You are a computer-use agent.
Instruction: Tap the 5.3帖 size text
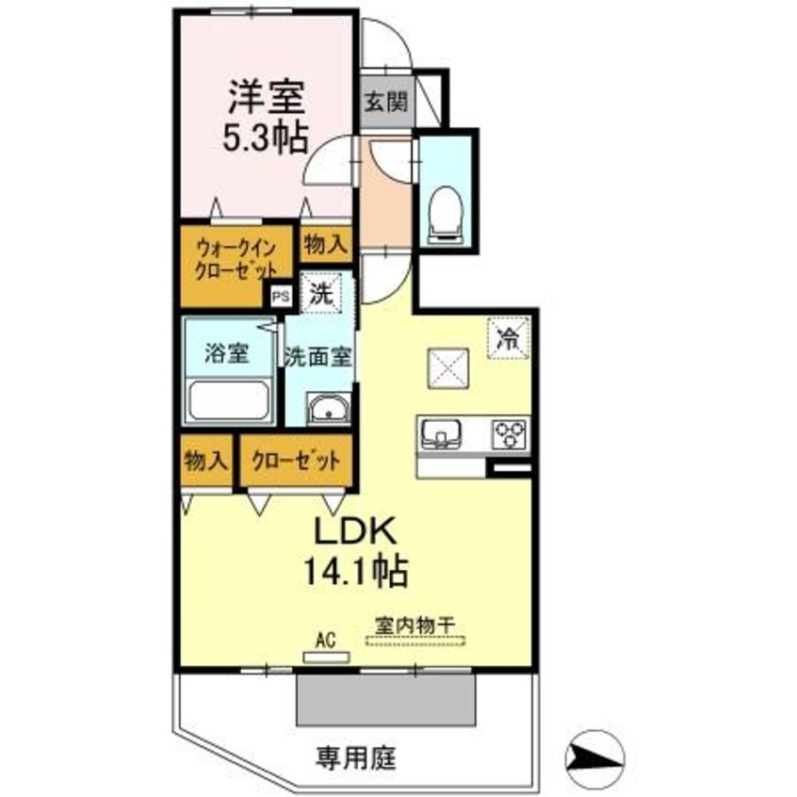[264, 139]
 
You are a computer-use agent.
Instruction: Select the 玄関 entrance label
[385, 101]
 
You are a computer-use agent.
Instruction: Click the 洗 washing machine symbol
[321, 292]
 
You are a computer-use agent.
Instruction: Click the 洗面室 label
[318, 357]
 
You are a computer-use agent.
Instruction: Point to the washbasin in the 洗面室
[327, 411]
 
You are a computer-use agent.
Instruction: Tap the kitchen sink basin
[440, 434]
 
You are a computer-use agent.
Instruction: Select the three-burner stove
[510, 434]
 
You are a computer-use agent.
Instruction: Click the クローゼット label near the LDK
[295, 462]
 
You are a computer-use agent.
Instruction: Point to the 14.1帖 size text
[353, 570]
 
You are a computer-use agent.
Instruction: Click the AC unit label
[326, 641]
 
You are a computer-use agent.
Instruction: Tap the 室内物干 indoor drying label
[415, 625]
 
